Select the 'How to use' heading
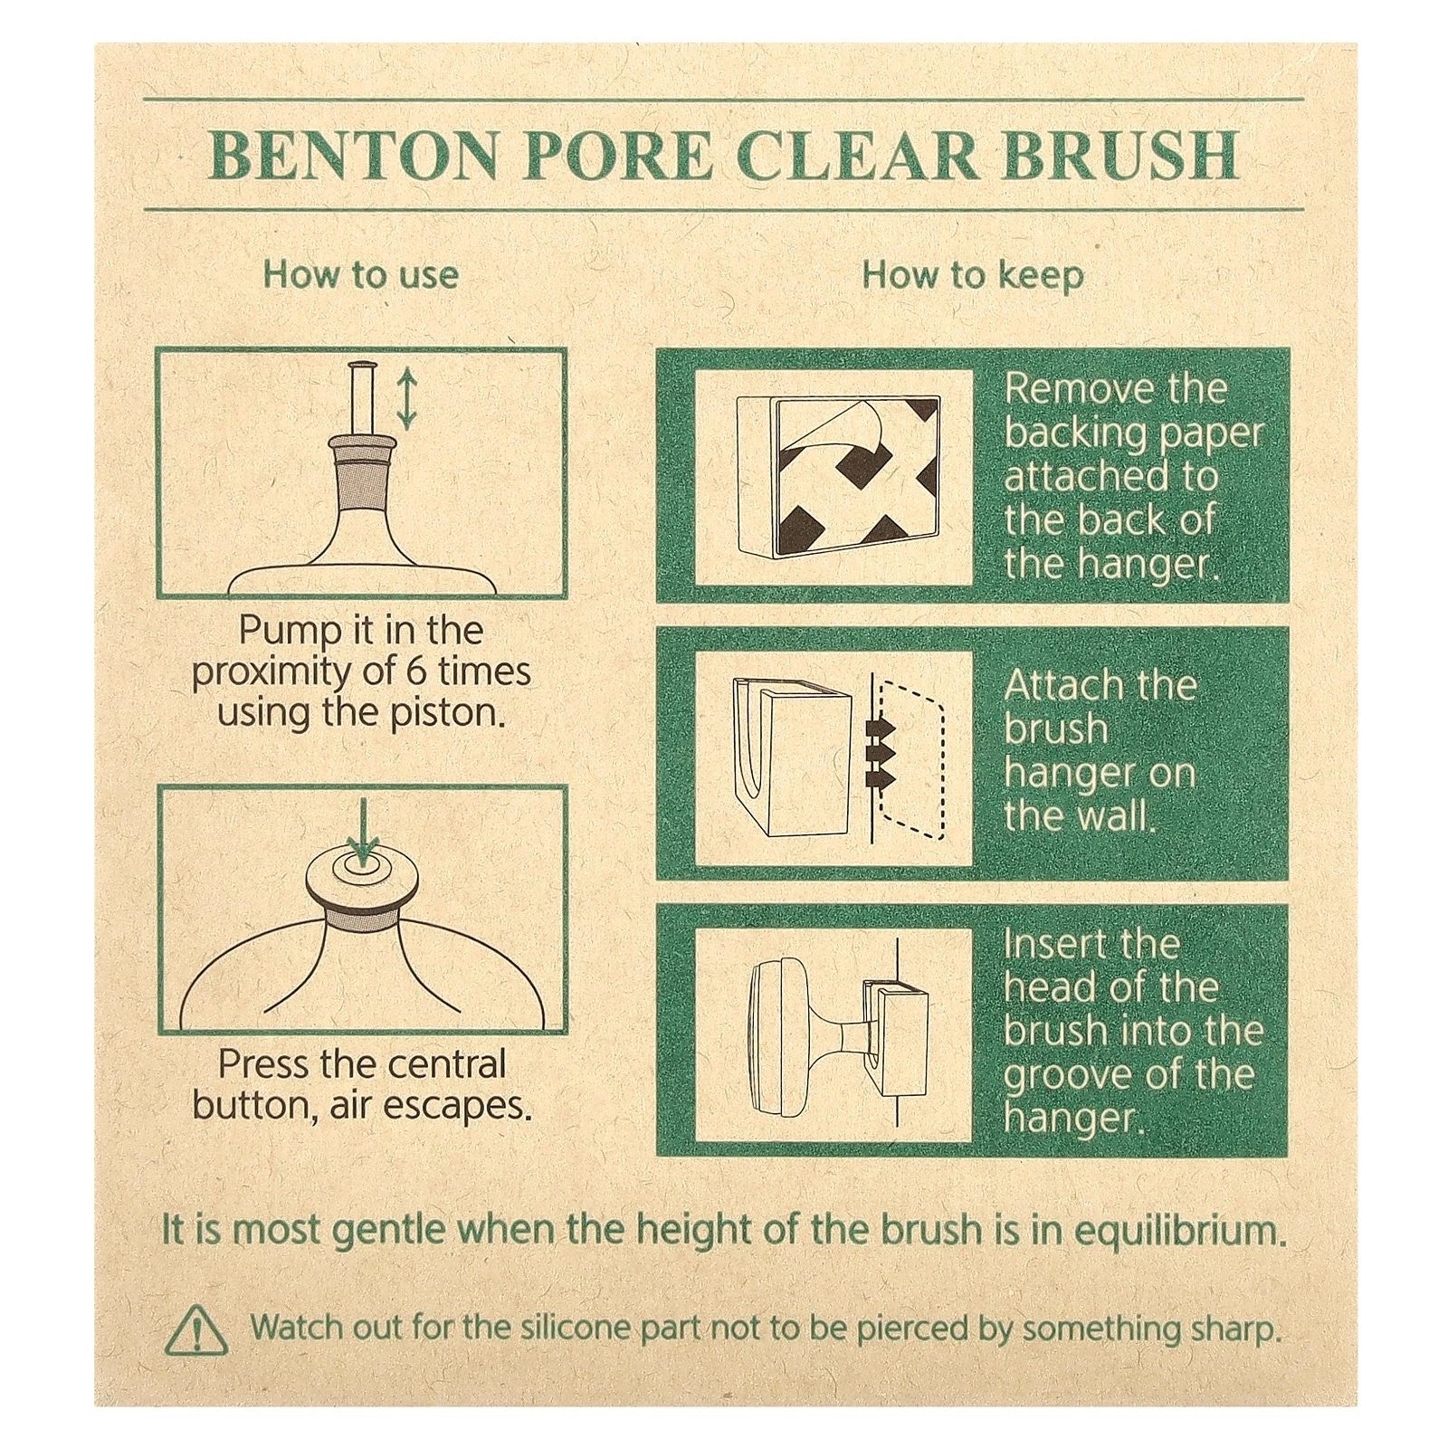(x=360, y=275)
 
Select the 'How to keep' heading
(x=972, y=275)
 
